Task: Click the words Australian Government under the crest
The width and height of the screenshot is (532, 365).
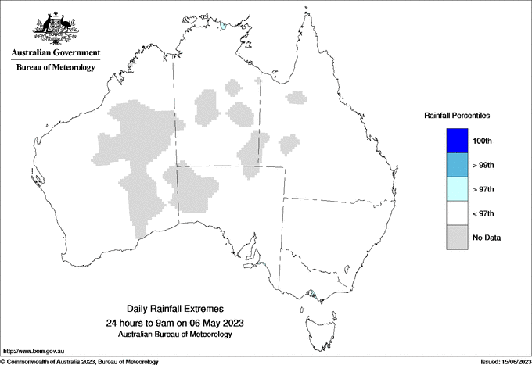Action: (56, 53)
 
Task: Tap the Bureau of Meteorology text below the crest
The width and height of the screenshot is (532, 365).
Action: (56, 67)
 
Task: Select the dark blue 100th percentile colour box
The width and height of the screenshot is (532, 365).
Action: (457, 141)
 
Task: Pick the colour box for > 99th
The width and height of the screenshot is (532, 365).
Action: (457, 165)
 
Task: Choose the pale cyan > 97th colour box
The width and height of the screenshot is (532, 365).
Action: (457, 189)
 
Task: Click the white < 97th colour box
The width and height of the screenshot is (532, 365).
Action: (457, 213)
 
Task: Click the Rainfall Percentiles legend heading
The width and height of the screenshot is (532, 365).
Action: (457, 115)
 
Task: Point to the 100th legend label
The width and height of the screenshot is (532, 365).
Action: (483, 141)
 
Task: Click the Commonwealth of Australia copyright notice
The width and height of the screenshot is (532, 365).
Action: (80, 361)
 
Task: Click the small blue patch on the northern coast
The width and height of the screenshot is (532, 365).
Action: (223, 26)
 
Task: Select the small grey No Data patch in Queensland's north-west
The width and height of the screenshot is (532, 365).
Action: (295, 98)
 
